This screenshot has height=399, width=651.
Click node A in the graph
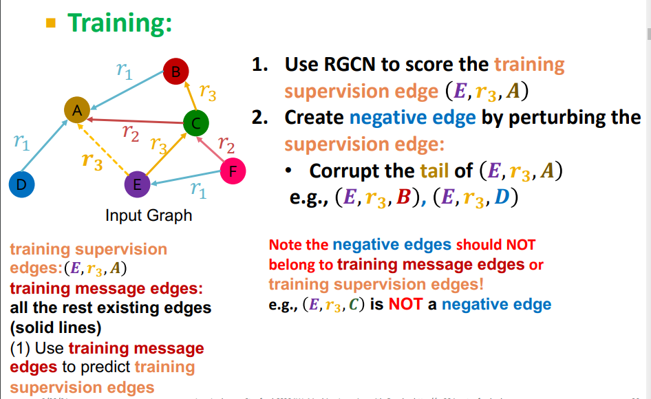(x=78, y=110)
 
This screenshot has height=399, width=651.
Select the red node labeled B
(x=175, y=71)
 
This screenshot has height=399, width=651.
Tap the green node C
(x=196, y=124)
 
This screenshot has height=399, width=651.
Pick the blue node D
(x=21, y=184)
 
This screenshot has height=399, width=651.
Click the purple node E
(x=137, y=184)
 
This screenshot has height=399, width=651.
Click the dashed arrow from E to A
(x=103, y=150)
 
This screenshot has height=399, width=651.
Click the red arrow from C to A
(x=138, y=121)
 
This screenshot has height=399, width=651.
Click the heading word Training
(x=119, y=23)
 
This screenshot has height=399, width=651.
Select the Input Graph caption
(x=149, y=215)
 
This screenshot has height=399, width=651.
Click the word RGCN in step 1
(x=352, y=65)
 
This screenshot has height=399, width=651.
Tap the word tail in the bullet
(x=434, y=171)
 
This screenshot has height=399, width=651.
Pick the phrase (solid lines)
(x=56, y=326)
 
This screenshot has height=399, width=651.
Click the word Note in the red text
(x=284, y=245)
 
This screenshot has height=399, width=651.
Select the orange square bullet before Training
(x=50, y=24)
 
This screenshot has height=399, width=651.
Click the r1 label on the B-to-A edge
(x=125, y=71)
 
